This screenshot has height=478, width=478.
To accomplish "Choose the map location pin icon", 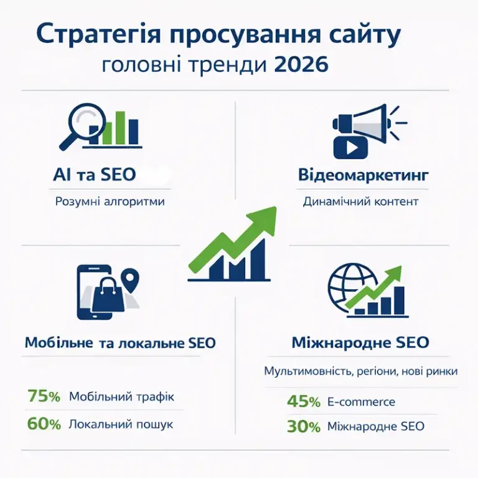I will (x=130, y=280).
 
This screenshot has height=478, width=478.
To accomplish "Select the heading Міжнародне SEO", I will (x=360, y=343).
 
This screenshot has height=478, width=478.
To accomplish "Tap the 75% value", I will (x=44, y=396).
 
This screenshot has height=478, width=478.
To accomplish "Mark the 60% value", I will (x=44, y=424).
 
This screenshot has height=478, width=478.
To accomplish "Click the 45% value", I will (x=304, y=401).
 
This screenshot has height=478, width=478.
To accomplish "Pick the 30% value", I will (x=304, y=426).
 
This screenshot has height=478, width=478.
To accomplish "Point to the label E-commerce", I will (x=361, y=401).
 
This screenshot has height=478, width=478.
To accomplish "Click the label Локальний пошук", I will (x=121, y=424).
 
